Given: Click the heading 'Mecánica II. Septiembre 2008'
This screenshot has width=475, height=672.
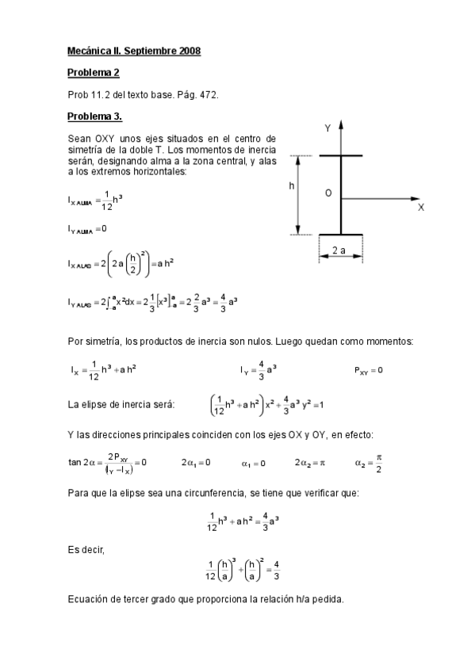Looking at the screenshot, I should tap(134, 51).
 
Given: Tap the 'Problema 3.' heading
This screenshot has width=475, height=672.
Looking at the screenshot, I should tap(95, 116).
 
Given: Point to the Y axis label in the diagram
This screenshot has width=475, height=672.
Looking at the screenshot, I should tap(327, 128).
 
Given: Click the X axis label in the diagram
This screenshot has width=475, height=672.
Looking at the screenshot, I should tap(421, 207).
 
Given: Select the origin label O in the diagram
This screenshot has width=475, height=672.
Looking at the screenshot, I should tap(328, 193).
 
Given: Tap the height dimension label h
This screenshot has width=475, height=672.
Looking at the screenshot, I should tap(292, 186).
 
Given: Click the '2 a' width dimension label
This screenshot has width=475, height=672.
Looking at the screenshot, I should tap(339, 250).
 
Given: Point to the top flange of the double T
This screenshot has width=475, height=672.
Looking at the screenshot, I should tap(341, 155).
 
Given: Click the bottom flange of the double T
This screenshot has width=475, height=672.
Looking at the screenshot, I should tap(341, 235).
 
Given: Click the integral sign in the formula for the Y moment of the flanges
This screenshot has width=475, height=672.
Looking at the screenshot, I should tap(112, 302).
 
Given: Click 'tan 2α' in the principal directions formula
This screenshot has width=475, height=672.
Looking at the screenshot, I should tap(82, 462).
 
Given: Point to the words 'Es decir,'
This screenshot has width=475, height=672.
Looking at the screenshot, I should tap(85, 546).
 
